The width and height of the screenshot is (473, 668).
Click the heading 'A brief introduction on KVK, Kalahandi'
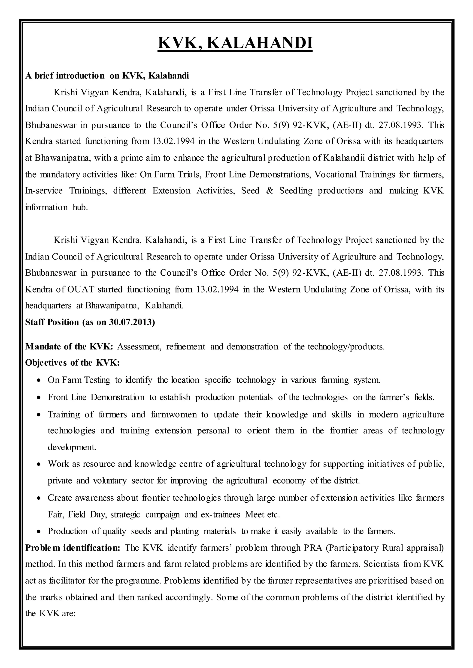pyautogui.click(x=107, y=76)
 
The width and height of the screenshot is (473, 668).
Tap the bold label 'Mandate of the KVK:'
pyautogui.click(x=69, y=346)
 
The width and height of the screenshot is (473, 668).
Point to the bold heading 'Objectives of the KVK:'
pyautogui.click(x=72, y=363)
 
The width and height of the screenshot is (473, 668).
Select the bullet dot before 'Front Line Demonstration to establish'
pyautogui.click(x=39, y=398)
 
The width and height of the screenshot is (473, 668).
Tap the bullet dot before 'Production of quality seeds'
pyautogui.click(x=39, y=531)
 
